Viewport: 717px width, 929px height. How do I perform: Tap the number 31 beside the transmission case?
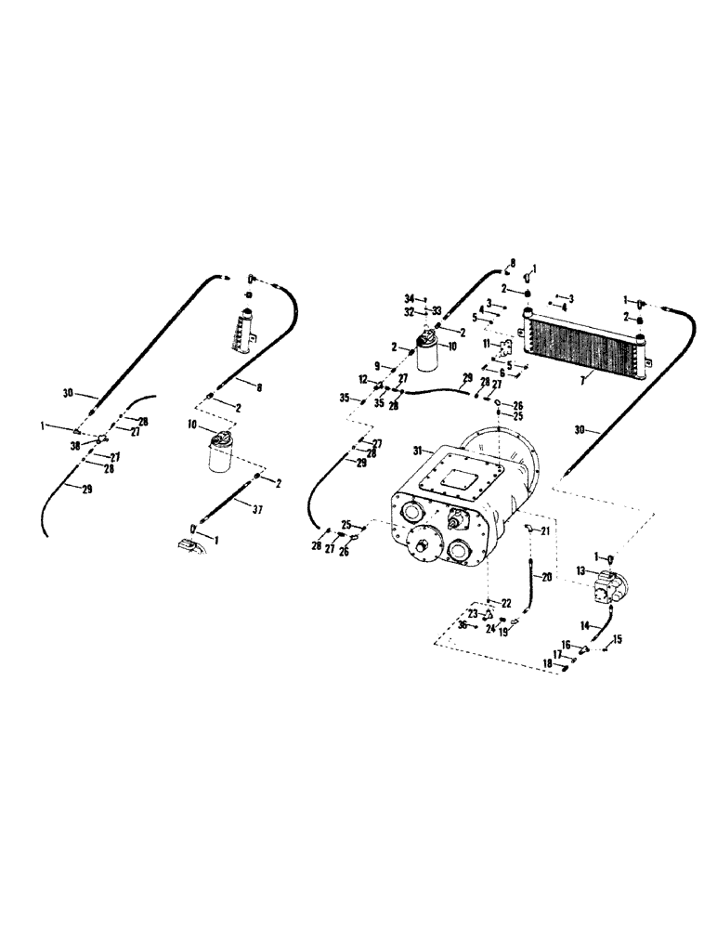(419, 450)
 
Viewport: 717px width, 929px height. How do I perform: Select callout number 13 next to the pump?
(580, 570)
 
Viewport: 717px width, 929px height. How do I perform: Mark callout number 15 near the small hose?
(618, 638)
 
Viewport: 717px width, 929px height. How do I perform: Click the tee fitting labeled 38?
(99, 438)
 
